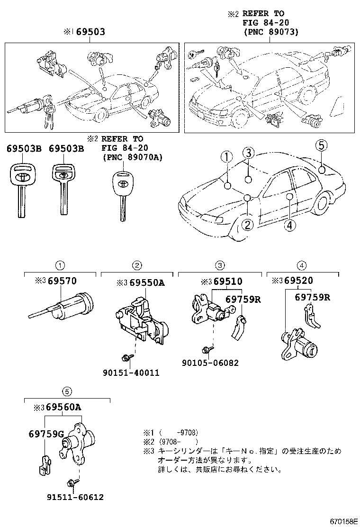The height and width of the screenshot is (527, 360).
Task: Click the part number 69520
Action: [309, 281]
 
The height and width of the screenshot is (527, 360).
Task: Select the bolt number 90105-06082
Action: [210, 363]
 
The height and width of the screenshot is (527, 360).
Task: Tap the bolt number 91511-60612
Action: [75, 497]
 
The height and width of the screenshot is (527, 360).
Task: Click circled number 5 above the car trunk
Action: [321, 145]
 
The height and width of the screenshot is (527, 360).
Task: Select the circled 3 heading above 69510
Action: [220, 265]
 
